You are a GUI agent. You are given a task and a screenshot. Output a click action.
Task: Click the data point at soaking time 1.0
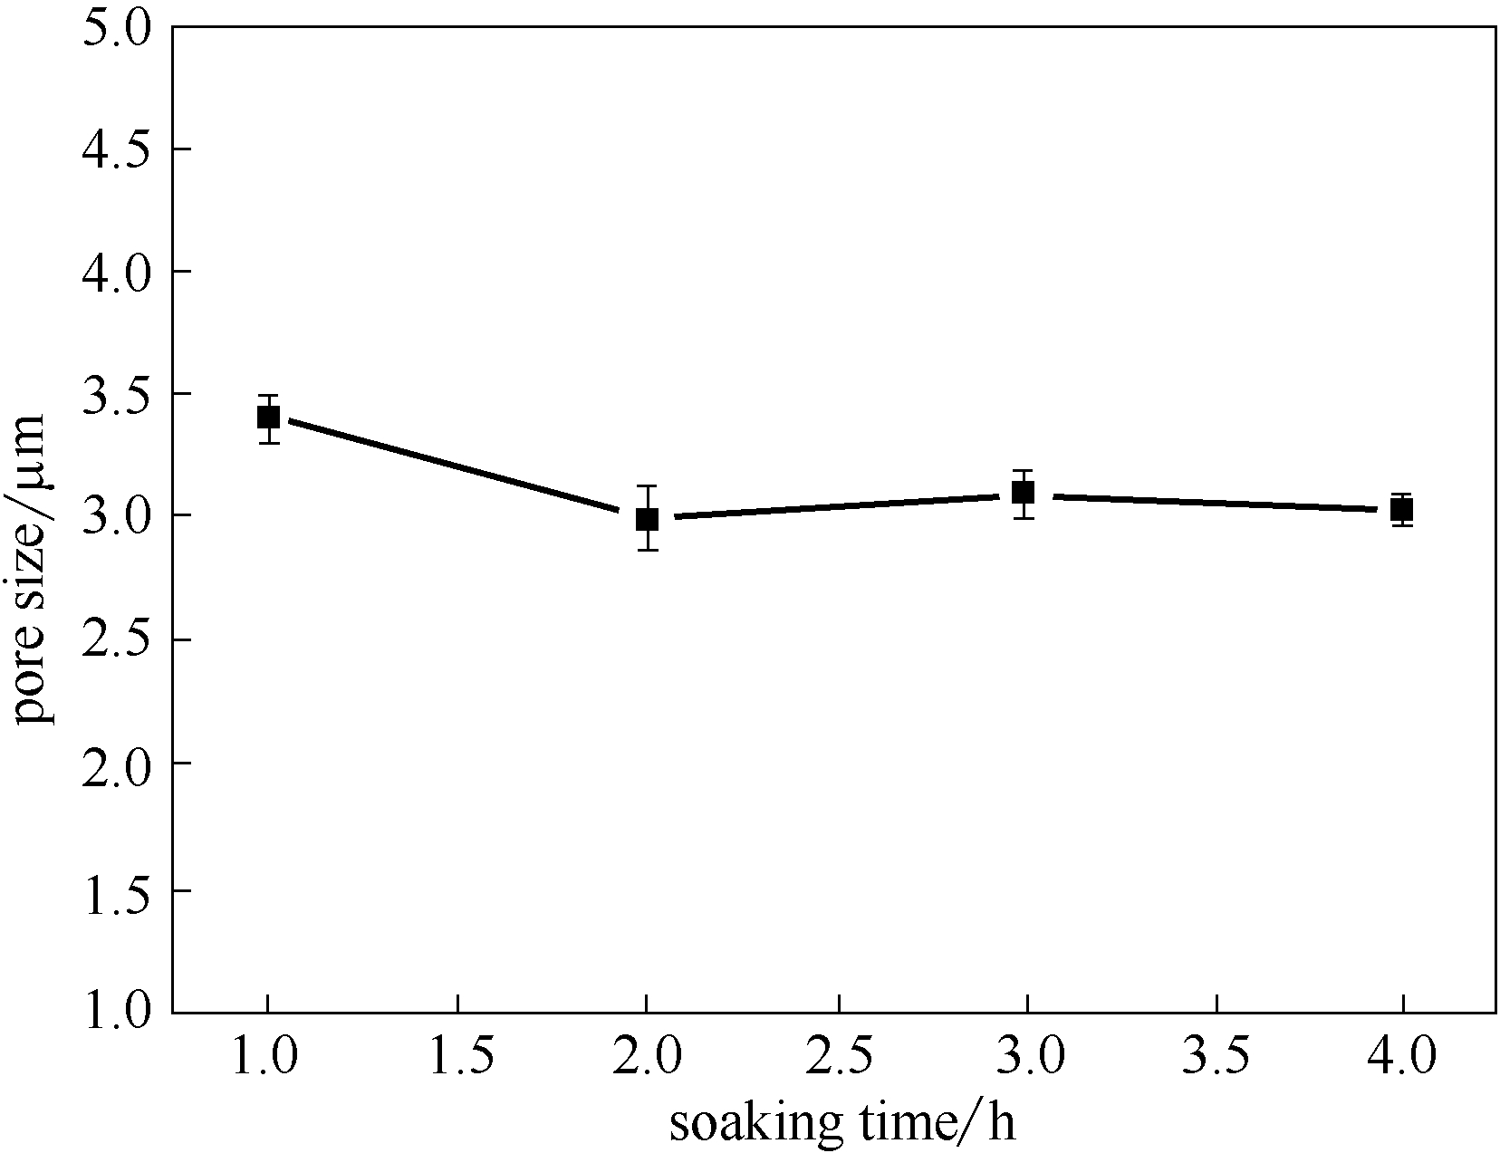[268, 418]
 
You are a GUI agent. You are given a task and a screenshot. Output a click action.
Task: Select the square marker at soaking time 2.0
[647, 519]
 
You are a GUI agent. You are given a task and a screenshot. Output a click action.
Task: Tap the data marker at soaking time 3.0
[1024, 493]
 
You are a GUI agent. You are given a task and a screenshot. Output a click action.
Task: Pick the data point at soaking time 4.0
[1402, 510]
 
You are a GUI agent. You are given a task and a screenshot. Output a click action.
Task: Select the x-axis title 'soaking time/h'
[842, 1123]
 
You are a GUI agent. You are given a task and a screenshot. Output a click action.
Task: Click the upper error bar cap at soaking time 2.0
[647, 486]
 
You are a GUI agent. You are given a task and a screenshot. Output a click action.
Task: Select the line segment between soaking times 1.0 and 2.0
[457, 468]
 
